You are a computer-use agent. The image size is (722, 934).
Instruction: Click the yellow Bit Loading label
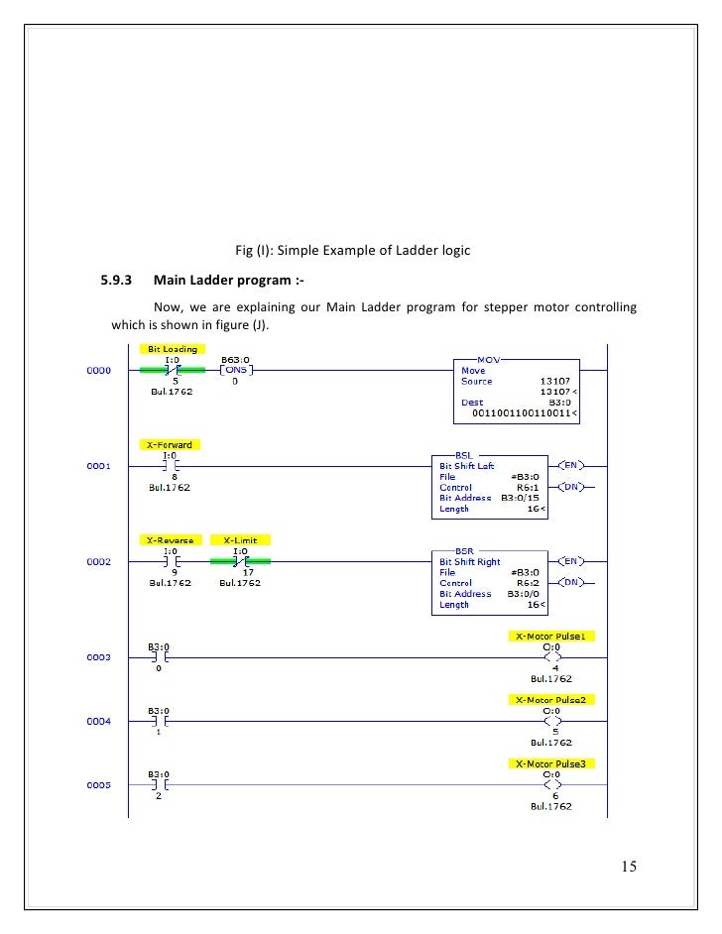[173, 349]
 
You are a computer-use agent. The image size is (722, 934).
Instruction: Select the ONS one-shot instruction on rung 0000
[235, 370]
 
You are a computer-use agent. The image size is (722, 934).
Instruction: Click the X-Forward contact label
[170, 445]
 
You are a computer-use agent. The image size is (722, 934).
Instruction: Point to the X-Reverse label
[170, 540]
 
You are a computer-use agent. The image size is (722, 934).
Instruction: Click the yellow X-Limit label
[240, 540]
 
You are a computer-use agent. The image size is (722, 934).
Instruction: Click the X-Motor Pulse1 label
[550, 636]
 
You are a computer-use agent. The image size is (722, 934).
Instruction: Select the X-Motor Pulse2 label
[550, 699]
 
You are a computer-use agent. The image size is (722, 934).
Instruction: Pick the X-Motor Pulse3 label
[550, 763]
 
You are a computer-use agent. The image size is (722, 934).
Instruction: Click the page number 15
[629, 867]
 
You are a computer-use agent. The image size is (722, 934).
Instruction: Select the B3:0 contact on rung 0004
[159, 722]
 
